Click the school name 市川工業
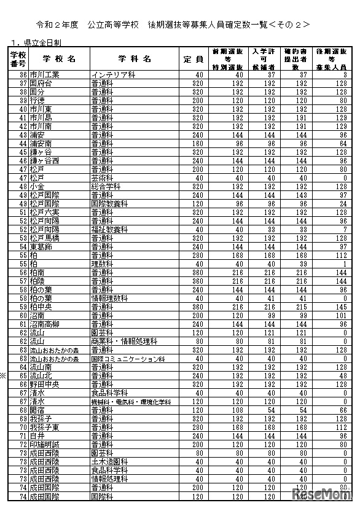(43, 74)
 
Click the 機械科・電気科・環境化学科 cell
(131, 402)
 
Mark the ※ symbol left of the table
(4, 375)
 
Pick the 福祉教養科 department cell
(109, 229)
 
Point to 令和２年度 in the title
(57, 25)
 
